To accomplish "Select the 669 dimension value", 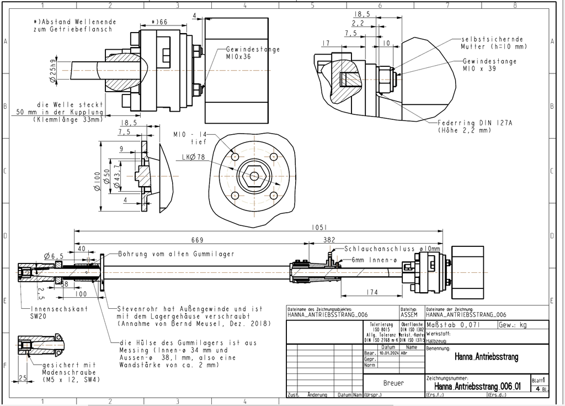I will pos(197,240).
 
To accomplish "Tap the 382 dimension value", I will pos(329,240).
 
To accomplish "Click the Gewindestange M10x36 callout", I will pos(253,52).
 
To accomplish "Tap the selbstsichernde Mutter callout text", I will pos(490,43).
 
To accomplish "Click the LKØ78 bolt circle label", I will pos(193,157).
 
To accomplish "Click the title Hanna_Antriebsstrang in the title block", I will pos(486,357).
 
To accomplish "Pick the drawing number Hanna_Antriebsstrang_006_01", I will pos(477,386).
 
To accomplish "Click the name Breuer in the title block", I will pos(393,383).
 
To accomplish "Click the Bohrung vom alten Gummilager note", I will pos(176,254).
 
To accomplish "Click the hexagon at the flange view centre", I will pos(253,176).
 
